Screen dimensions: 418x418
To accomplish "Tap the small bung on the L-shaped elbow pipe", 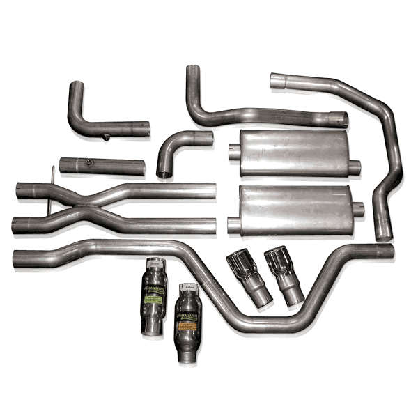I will pos(105,137).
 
